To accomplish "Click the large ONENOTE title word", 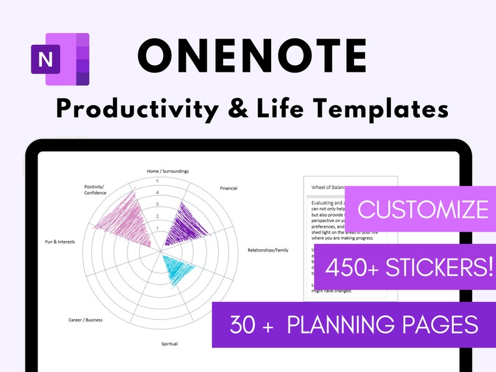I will coord(252,56).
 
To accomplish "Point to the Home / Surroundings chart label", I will coord(167,171).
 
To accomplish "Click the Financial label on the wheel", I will coord(229,188).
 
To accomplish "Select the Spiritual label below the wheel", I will coord(169,344).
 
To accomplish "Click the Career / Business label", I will coord(86,320).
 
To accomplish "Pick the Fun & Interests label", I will coord(60,242).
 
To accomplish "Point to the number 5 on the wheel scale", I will coord(157,181).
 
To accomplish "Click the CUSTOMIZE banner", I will coord(423,209).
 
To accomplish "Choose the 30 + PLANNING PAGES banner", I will coord(354,325).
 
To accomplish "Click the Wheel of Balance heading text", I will coord(328,187).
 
